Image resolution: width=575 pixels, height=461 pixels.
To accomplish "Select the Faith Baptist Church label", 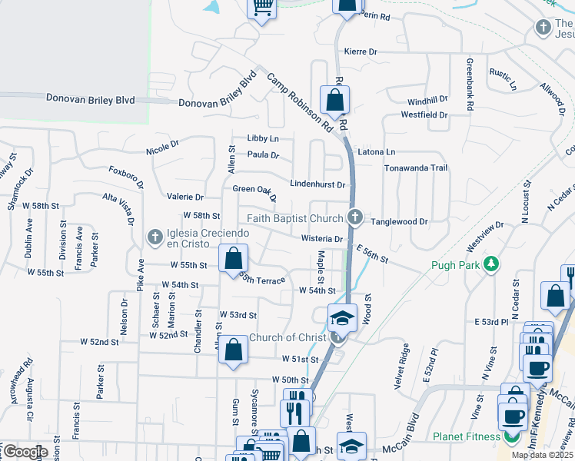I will [294, 219].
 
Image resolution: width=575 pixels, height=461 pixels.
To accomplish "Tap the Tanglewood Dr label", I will [399, 221].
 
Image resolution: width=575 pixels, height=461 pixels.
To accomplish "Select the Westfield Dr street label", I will [424, 115].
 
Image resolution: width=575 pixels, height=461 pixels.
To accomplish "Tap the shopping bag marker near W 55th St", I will [233, 258].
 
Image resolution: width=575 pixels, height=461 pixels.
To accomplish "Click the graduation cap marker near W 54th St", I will [343, 317].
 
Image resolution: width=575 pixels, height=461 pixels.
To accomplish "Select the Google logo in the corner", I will [25, 452].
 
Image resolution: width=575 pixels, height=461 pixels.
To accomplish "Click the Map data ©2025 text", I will [541, 455].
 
